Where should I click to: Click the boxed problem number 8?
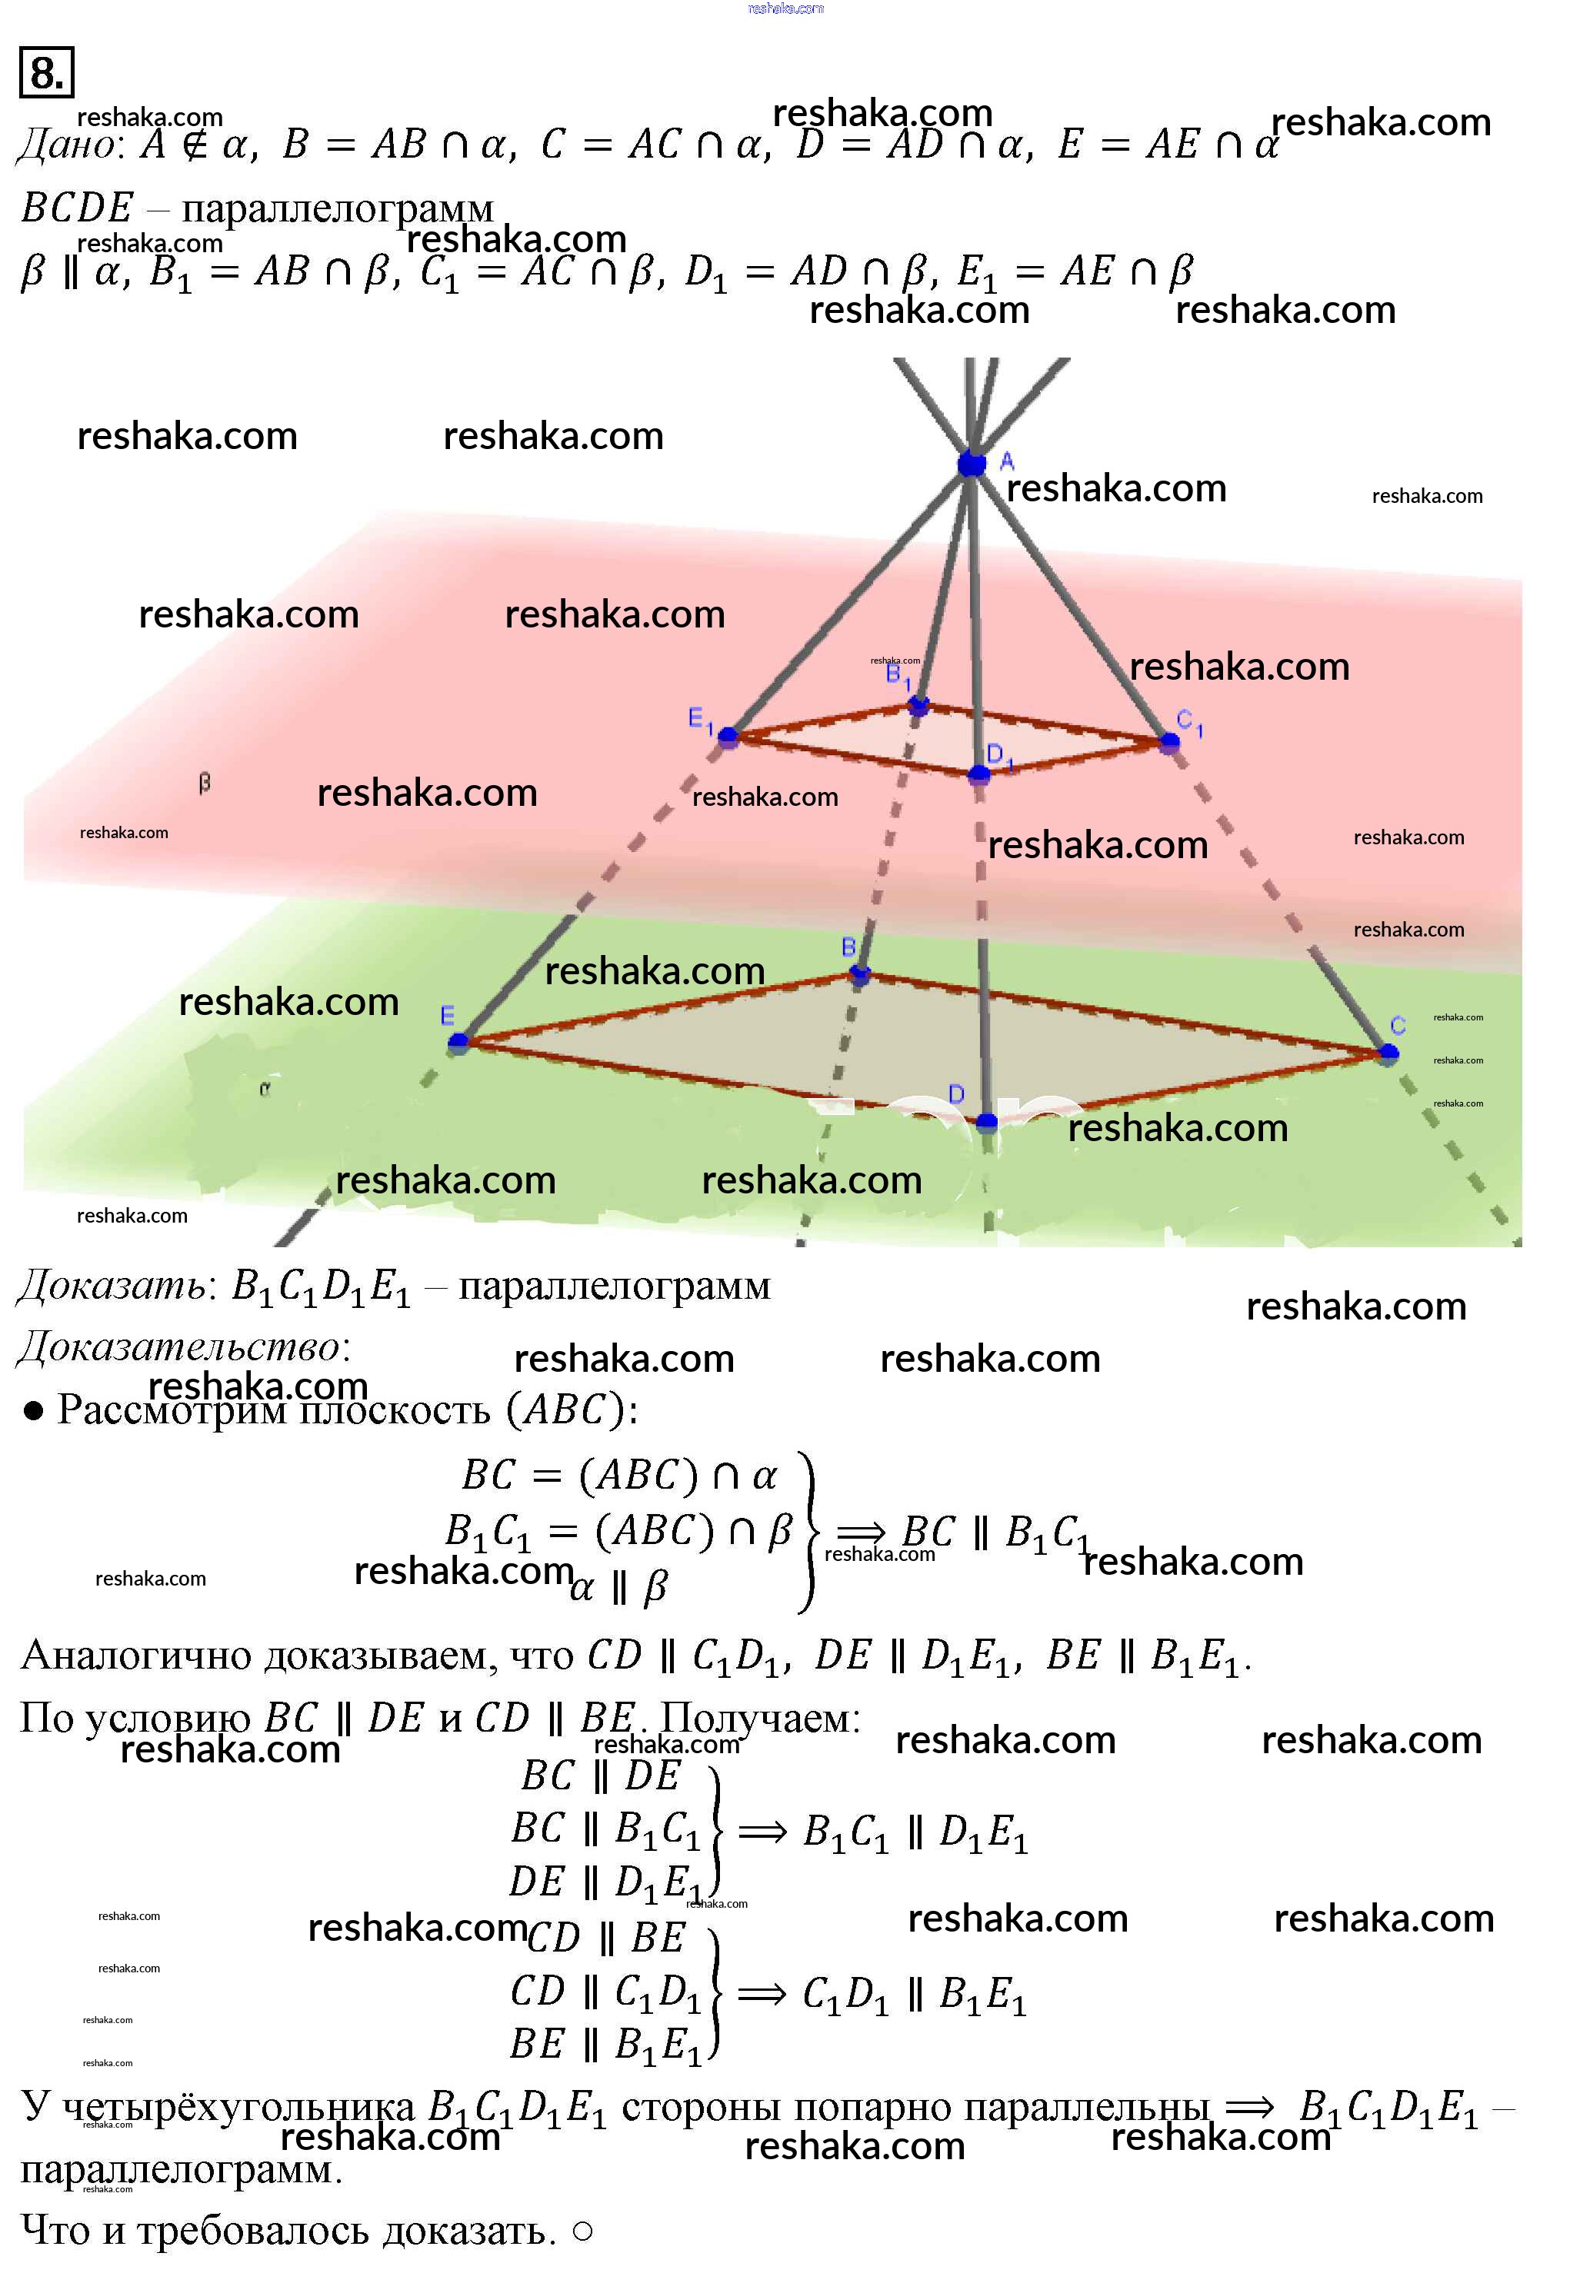pos(46,73)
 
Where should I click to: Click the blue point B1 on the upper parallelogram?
pos(918,705)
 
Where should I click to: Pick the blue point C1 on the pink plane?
pos(1170,742)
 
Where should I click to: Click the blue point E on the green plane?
pos(458,1041)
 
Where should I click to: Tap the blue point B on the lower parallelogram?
pos(859,975)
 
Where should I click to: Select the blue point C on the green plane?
pos(1388,1053)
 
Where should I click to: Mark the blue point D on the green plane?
pos(986,1122)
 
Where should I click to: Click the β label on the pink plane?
pos(205,784)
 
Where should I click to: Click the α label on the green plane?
pos(265,1090)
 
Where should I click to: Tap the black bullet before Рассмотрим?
pos(34,1411)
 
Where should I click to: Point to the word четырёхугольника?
pos(238,2108)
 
